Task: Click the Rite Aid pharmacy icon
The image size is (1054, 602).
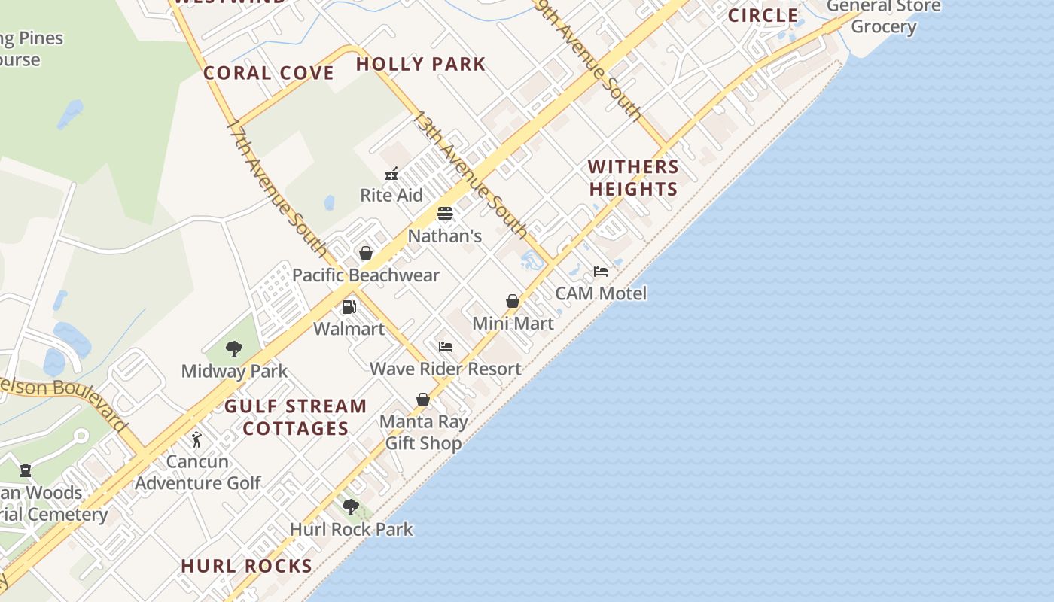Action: [391, 175]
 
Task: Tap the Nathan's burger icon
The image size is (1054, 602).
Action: [445, 214]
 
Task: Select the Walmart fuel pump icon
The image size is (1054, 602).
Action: [349, 307]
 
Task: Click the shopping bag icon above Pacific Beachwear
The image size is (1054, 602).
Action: [366, 253]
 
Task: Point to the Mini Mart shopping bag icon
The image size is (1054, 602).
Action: [513, 302]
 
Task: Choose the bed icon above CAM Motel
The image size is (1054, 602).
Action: [601, 272]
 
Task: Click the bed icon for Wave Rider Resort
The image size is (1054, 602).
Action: [446, 347]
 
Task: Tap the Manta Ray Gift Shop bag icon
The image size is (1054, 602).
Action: [423, 400]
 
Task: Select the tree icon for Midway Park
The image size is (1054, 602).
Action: [234, 349]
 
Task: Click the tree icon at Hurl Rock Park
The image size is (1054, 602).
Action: [350, 506]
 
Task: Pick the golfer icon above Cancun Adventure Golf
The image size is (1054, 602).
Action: [197, 439]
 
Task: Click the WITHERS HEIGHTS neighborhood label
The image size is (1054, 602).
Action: [633, 178]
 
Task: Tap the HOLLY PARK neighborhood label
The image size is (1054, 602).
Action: [421, 65]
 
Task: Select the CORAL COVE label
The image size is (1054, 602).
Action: [269, 73]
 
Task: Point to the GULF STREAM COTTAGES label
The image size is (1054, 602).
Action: [296, 418]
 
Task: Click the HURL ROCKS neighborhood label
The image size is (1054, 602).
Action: [247, 566]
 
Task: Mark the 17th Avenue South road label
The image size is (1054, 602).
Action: [276, 188]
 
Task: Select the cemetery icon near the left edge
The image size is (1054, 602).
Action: [26, 471]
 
